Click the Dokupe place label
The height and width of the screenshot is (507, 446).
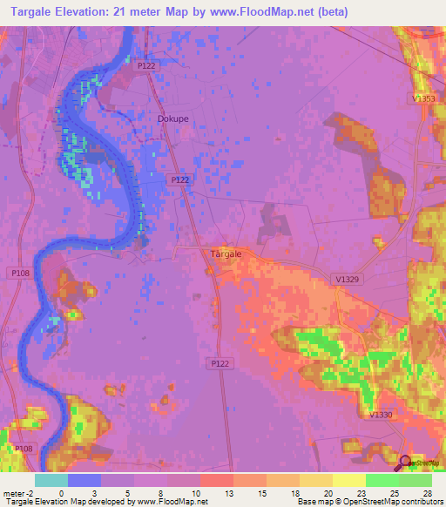(172, 118)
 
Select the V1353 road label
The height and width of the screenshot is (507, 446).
(424, 99)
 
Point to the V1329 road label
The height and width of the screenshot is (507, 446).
(348, 279)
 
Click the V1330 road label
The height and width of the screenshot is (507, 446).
(382, 416)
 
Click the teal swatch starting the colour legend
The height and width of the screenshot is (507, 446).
(51, 480)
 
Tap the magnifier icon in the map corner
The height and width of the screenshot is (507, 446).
(405, 461)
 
